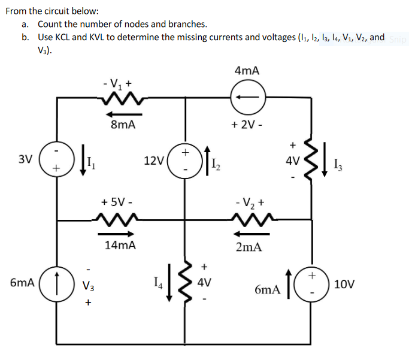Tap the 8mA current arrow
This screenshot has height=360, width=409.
click(124, 114)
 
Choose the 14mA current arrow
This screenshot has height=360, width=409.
click(116, 234)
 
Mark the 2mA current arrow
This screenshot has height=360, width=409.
click(252, 234)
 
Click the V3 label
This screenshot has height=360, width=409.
click(89, 285)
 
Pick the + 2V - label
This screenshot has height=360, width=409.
click(247, 125)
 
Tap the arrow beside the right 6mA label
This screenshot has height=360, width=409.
click(289, 284)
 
